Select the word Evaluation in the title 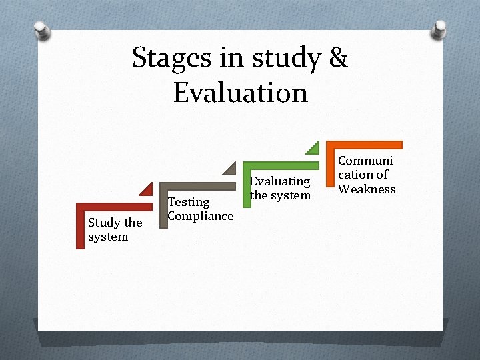click(241, 93)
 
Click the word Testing click(189, 201)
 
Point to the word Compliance click(200, 215)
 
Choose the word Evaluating click(280, 181)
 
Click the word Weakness click(367, 189)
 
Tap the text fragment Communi click(365, 160)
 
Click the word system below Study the click(108, 237)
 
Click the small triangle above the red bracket click(147, 189)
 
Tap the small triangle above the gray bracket click(230, 169)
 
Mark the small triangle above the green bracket click(313, 148)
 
